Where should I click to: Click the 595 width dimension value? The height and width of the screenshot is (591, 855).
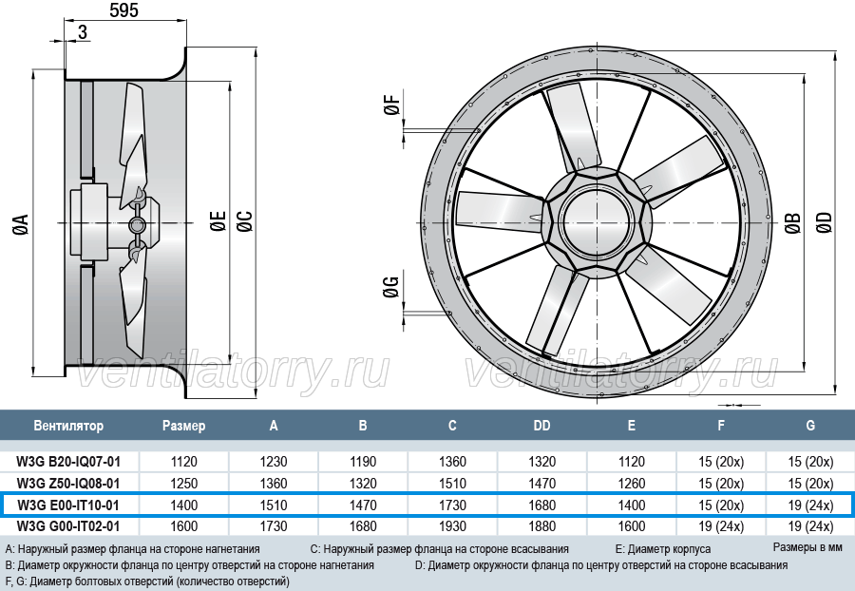click(x=123, y=10)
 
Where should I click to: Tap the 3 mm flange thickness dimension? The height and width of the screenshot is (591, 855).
click(x=83, y=32)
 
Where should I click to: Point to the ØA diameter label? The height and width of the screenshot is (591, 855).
click(x=21, y=224)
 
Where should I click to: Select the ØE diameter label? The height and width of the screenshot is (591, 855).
click(x=218, y=220)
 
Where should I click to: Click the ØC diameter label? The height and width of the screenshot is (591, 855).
click(x=245, y=220)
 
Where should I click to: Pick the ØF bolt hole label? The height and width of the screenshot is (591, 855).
click(x=392, y=105)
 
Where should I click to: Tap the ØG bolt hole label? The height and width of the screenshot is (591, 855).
click(x=391, y=287)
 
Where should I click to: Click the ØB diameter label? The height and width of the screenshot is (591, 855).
click(x=793, y=223)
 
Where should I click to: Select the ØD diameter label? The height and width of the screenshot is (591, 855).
click(x=824, y=222)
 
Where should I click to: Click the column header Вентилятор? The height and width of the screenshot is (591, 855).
click(x=68, y=426)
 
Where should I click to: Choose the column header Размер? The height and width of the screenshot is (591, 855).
click(x=183, y=426)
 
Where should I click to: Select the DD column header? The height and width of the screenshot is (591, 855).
click(x=541, y=426)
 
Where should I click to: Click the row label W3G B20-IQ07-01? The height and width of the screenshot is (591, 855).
click(x=68, y=462)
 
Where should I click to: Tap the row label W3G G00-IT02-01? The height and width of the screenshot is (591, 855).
click(x=68, y=526)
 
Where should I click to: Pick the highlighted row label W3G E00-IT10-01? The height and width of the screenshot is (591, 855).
click(x=68, y=505)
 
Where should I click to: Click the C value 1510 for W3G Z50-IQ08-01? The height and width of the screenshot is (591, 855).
click(x=452, y=484)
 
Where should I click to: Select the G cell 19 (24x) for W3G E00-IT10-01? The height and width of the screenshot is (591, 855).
click(x=810, y=505)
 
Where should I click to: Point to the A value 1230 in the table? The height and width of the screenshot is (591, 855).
click(x=274, y=462)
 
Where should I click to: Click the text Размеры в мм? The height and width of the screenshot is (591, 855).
click(x=807, y=547)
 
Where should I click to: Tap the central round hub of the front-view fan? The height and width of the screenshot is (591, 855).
click(x=598, y=223)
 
